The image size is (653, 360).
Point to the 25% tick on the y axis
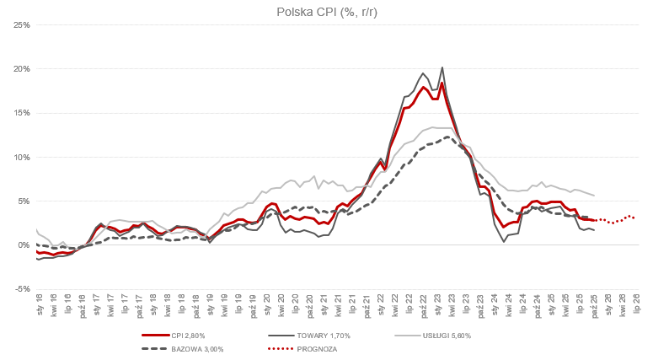coord(22,24)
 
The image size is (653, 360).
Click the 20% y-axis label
coord(22,69)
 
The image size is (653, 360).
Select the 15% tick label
coord(22,113)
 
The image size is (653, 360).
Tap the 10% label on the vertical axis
coord(22,157)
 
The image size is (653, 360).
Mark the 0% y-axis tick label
coord(24,245)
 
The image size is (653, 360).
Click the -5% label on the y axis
coord(23,289)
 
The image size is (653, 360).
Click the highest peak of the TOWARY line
coord(442,67)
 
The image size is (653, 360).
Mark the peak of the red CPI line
coord(442,83)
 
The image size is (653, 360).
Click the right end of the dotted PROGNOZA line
coord(634,218)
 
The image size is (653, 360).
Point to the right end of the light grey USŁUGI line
coord(595,196)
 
